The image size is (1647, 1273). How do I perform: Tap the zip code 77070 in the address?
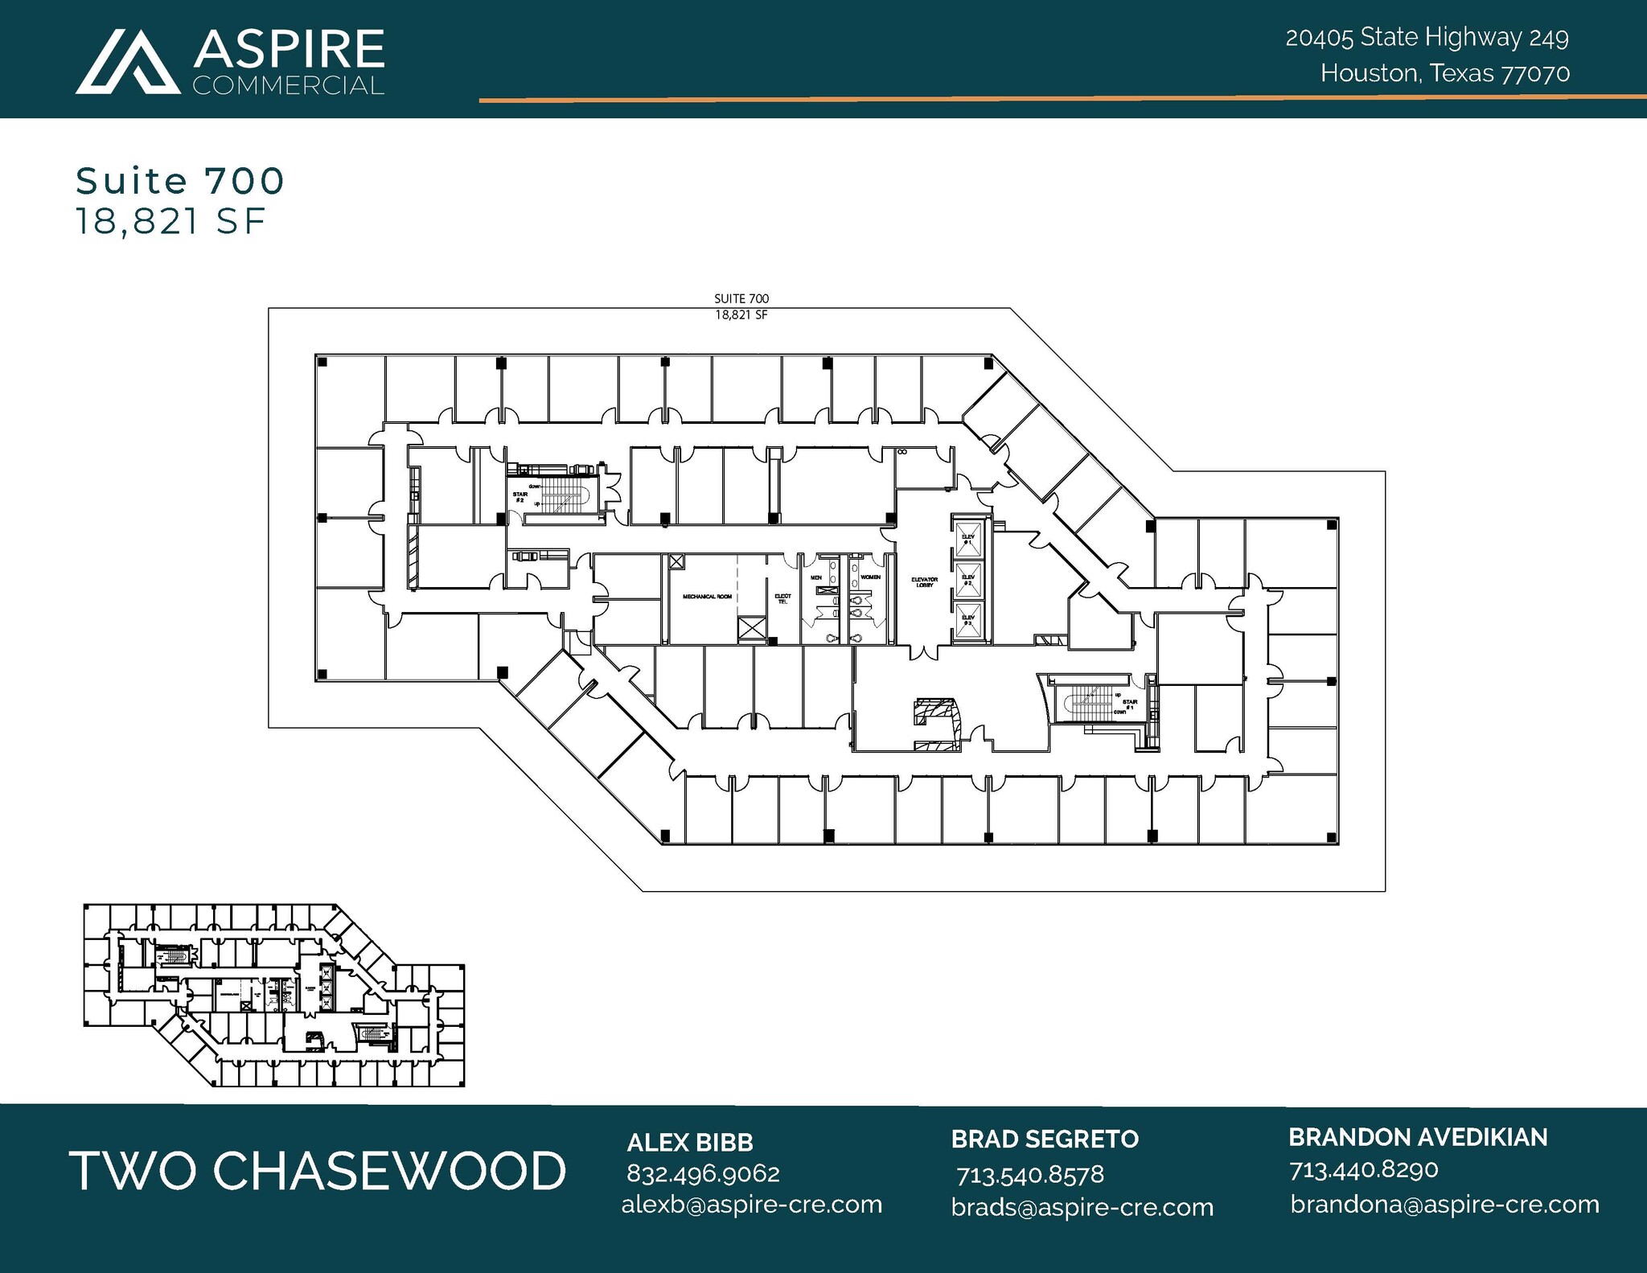1535,74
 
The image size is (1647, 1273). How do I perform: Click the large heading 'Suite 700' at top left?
180,181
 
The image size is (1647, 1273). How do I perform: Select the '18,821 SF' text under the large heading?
170,221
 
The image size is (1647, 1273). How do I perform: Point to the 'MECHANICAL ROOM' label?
707,597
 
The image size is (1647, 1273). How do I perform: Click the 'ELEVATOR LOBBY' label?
924,582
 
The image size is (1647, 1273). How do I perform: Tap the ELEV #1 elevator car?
968,539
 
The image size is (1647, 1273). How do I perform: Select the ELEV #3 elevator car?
968,622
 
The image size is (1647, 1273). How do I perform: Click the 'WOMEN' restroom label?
870,577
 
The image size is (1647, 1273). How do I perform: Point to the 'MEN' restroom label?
815,577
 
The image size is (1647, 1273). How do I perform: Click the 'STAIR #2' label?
520,497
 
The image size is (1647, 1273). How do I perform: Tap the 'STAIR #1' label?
1130,704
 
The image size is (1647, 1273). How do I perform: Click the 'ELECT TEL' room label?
782,599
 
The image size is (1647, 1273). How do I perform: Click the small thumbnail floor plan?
273,995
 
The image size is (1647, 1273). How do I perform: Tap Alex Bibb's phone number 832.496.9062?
703,1173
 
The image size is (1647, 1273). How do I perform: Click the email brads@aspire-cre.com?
1082,1207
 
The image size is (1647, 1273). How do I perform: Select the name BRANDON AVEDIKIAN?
1418,1137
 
